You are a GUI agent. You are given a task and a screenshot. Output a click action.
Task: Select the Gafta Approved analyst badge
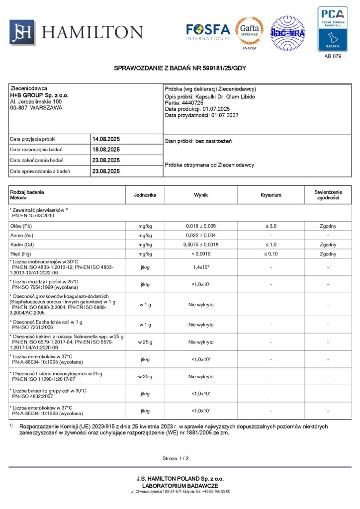pyautogui.click(x=249, y=34)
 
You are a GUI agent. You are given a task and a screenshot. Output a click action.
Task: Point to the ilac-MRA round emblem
pyautogui.click(x=287, y=33)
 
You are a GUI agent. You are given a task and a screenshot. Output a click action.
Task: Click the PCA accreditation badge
pyautogui.click(x=333, y=29)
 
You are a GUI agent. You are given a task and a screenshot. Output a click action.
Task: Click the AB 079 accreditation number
pyautogui.click(x=333, y=56)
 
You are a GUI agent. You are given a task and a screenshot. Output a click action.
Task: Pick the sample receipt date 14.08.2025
pyautogui.click(x=106, y=139)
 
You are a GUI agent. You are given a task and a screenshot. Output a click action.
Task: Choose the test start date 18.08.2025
pyautogui.click(x=106, y=150)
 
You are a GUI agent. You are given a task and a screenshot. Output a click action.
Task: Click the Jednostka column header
pyautogui.click(x=145, y=195)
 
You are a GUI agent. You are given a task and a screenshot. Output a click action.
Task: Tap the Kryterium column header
pyautogui.click(x=270, y=195)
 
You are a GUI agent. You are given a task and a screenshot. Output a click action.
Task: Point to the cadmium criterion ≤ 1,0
pyautogui.click(x=270, y=245)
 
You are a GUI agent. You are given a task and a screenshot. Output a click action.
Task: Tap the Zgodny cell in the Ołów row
pyautogui.click(x=328, y=226)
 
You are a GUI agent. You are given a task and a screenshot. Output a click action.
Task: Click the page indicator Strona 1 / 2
pyautogui.click(x=176, y=458)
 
